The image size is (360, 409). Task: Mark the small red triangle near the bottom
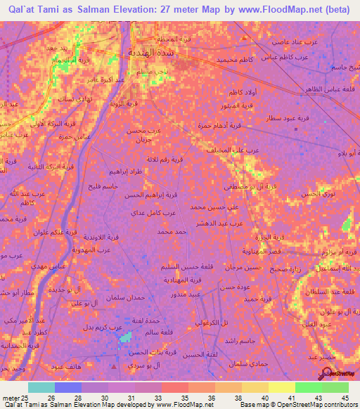115,366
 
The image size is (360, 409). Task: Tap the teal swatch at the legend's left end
41,387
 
